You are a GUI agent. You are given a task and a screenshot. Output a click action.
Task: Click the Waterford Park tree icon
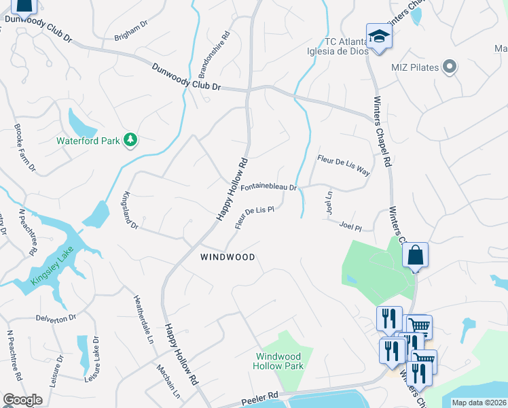pyautogui.click(x=130, y=141)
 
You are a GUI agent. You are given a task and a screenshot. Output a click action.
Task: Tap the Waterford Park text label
pyautogui.click(x=88, y=141)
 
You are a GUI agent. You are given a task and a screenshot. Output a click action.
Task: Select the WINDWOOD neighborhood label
pyautogui.click(x=228, y=257)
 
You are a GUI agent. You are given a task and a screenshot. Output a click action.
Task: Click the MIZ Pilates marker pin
pyautogui.click(x=448, y=67)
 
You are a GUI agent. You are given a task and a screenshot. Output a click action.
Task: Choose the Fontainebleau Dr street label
pyautogui.click(x=269, y=187)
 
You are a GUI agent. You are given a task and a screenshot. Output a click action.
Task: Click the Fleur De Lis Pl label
pyautogui.click(x=254, y=218)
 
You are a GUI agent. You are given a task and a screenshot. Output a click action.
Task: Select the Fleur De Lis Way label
pyautogui.click(x=344, y=166)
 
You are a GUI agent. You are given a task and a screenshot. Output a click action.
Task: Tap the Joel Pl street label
pyautogui.click(x=350, y=226)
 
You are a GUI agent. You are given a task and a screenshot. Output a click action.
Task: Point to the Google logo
pyautogui.click(x=22, y=400)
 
